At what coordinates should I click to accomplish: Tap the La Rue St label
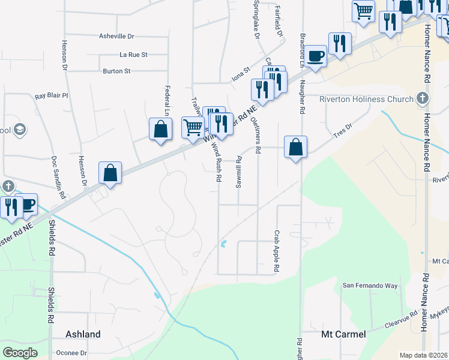133,55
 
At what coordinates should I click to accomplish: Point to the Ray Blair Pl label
52,95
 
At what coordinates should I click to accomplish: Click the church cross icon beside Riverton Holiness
422,98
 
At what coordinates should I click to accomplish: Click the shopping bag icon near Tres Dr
296,147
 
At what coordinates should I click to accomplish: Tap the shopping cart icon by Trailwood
193,127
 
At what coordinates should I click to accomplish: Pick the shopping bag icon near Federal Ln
160,129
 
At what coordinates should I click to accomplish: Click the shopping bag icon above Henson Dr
110,172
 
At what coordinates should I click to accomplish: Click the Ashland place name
83,334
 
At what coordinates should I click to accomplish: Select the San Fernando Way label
370,286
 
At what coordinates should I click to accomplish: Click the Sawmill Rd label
238,172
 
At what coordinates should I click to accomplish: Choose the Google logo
20,352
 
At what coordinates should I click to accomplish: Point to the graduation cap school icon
20,129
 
